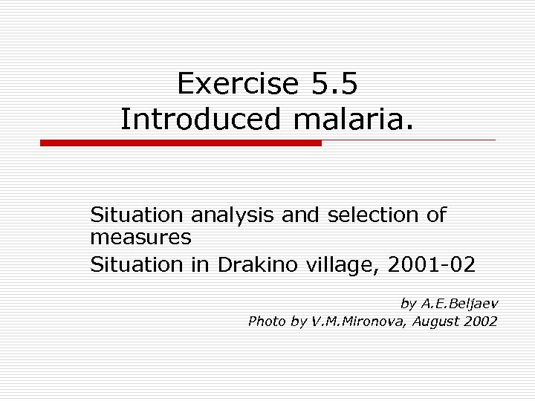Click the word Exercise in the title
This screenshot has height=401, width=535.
pos(236,84)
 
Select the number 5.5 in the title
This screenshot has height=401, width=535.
pos(331,84)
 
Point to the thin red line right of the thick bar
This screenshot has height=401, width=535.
pos(409,140)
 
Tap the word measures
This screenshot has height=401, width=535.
pos(140,238)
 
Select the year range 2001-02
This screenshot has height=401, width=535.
pos(433,264)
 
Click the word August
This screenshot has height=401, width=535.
pos(434,322)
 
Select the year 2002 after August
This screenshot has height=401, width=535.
pos(481,321)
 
